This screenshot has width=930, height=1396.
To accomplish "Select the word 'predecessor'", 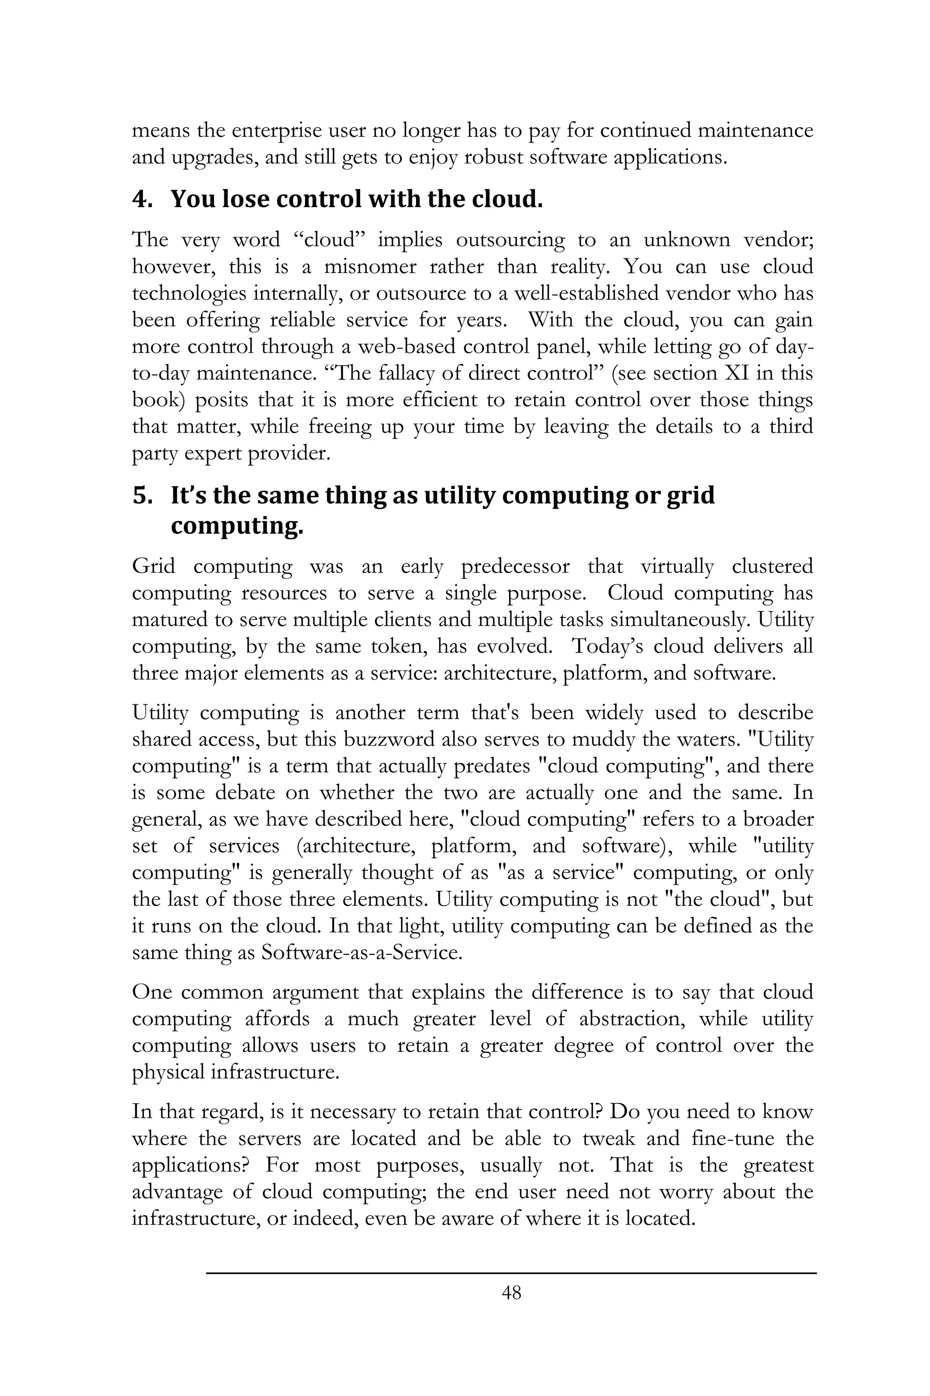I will (515, 566).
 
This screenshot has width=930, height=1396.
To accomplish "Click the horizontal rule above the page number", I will (511, 1272).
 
